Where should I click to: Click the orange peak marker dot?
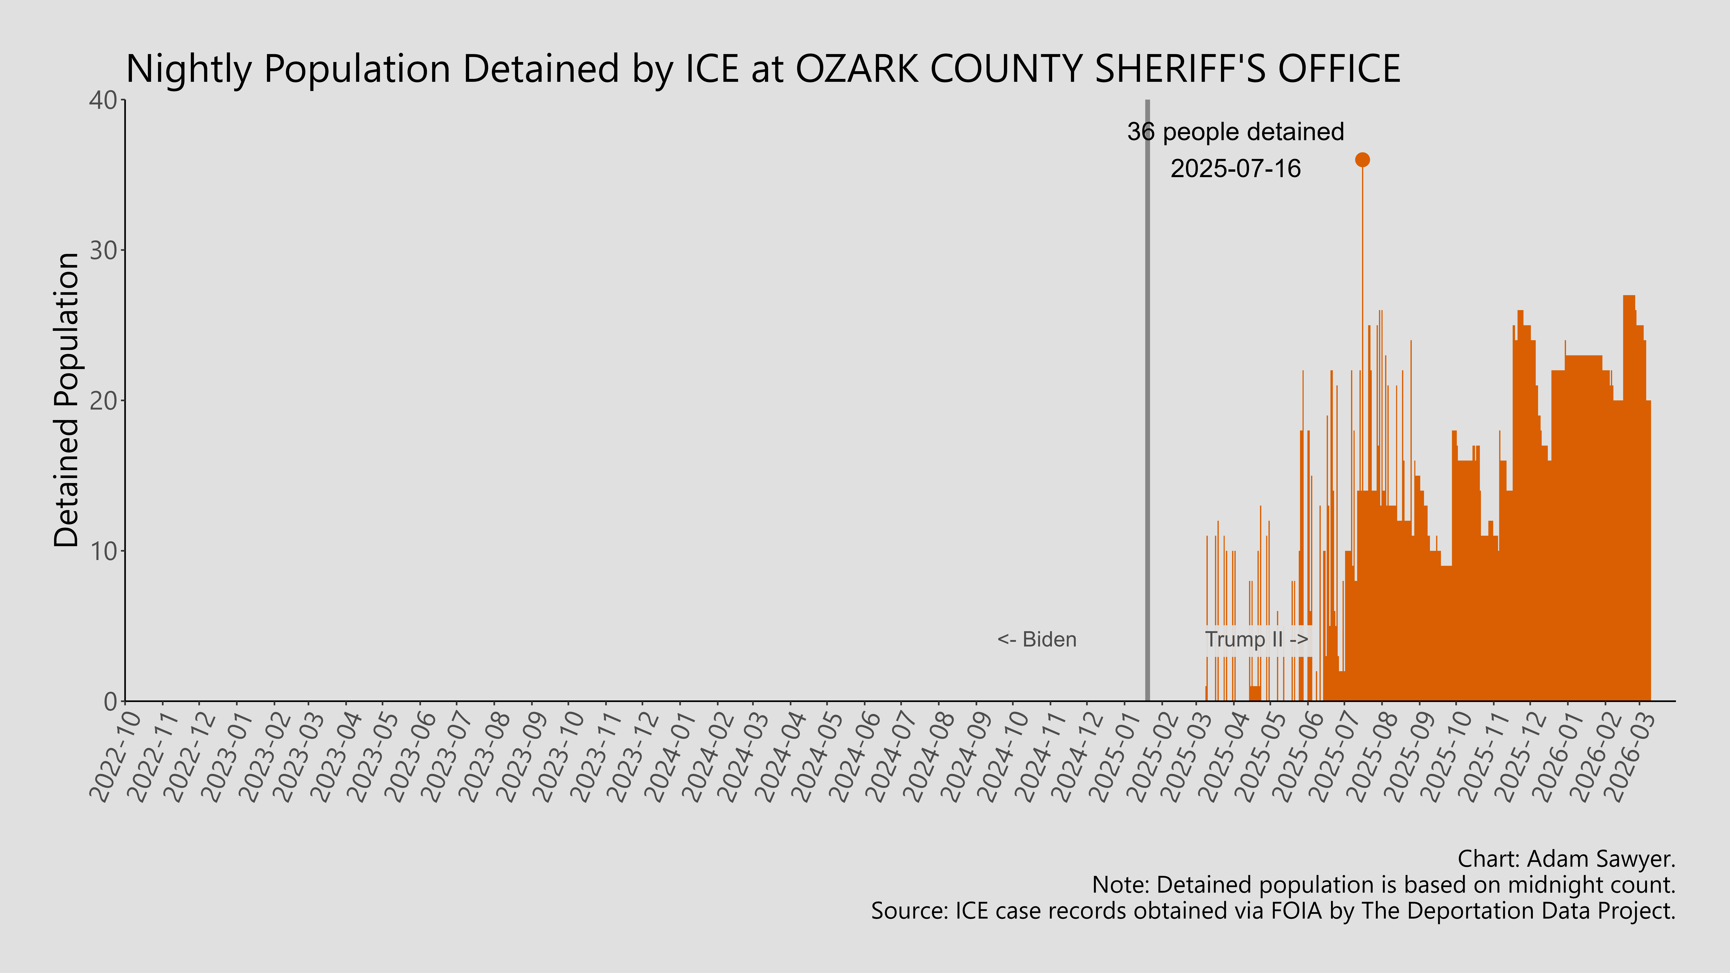1362,160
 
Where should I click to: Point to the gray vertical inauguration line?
1147,403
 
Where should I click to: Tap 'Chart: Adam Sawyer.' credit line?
1566,859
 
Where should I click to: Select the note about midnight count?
1383,885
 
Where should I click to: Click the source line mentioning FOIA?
1273,911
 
